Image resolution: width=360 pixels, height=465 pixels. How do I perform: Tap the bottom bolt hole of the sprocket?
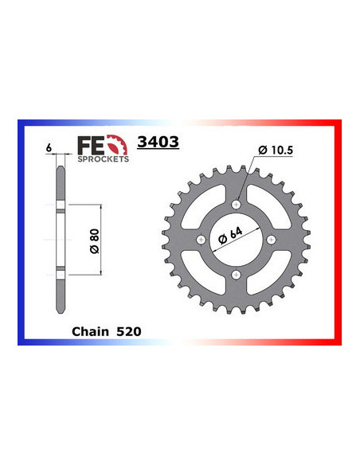[237, 275]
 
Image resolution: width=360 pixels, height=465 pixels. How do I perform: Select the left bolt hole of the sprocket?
[202, 240]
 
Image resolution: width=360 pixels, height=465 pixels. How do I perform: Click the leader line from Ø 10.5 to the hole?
[246, 180]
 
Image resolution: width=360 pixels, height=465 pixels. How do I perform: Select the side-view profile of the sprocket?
[59, 239]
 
